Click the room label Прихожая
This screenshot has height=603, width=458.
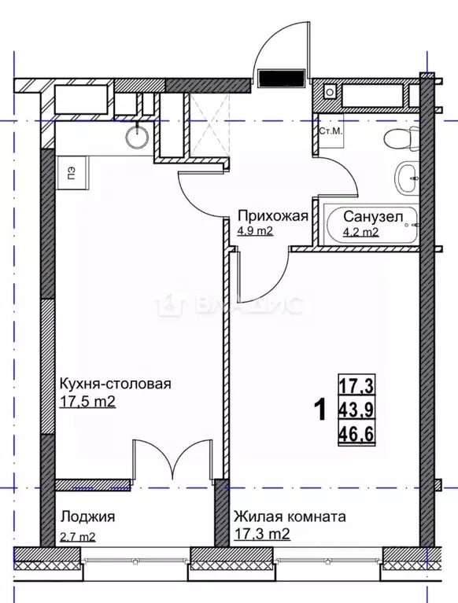[271, 216]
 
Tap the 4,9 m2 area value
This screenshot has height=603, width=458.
[255, 231]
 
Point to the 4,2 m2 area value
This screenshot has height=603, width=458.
[360, 232]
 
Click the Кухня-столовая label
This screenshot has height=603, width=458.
[115, 384]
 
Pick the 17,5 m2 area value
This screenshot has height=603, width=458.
[88, 400]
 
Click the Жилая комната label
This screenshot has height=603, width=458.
[289, 517]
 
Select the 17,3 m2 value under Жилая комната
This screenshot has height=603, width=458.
[262, 535]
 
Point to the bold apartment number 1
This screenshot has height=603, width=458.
[319, 410]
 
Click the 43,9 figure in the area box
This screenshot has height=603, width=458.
[355, 409]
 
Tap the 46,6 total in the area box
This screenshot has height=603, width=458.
[355, 431]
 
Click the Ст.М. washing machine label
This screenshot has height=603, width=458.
[330, 131]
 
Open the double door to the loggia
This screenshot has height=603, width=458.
[166, 460]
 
